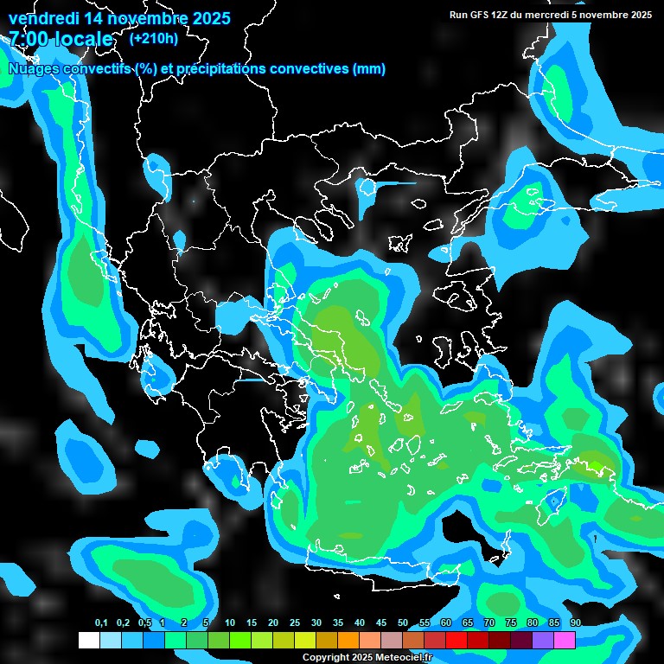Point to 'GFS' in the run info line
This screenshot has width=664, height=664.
point(479,15)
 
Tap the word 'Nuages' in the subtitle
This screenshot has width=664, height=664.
point(34,69)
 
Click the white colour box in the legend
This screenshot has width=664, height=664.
point(89,640)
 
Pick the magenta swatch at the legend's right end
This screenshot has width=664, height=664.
point(565,640)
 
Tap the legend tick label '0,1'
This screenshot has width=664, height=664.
point(101,622)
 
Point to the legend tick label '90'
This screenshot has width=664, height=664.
point(575,622)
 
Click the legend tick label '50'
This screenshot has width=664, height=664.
point(403,622)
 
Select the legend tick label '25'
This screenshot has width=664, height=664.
point(295,622)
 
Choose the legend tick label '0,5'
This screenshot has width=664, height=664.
point(144,622)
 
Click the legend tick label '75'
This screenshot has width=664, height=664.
point(511,622)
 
